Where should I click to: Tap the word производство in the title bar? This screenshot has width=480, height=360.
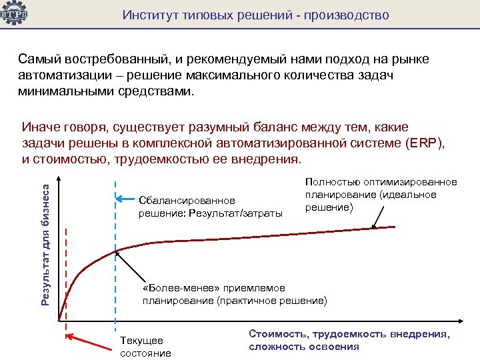[x=350, y=14]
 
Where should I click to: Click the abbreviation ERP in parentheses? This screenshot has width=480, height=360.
[x=419, y=144]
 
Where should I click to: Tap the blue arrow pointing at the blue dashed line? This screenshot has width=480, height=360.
[x=127, y=199]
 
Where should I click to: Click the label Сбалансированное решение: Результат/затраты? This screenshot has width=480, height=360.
[x=211, y=207]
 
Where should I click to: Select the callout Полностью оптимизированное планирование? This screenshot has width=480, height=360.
[x=381, y=195]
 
